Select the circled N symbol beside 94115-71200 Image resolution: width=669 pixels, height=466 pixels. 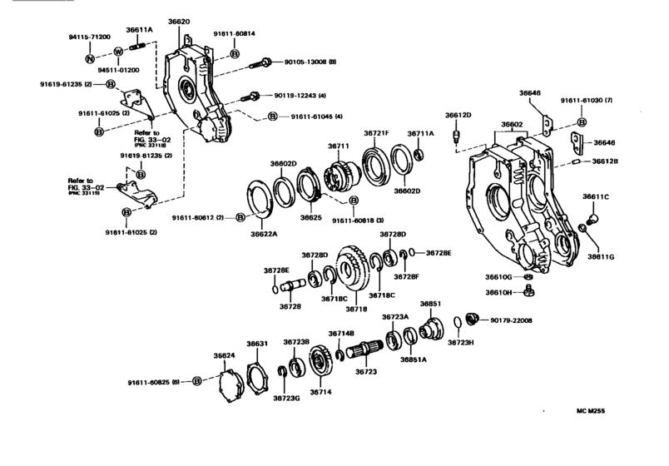[90, 60]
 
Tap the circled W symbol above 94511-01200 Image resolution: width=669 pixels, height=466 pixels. [118, 52]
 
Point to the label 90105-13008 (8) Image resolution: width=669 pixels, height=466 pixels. [310, 62]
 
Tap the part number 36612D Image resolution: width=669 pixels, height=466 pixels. [458, 115]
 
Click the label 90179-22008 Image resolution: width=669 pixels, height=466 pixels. [511, 320]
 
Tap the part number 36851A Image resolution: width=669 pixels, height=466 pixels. [413, 359]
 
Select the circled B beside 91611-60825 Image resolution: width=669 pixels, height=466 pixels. [197, 381]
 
